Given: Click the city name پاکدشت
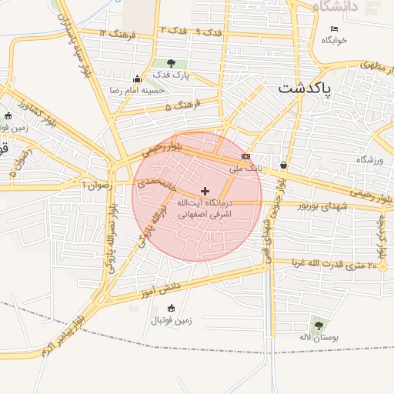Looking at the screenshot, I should click(x=305, y=89).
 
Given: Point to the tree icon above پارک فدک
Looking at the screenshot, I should click(x=170, y=63).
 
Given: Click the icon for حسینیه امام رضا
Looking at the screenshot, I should click(x=137, y=78).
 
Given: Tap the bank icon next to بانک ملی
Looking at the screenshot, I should click(x=245, y=156).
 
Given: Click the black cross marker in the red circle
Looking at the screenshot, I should click(x=205, y=190).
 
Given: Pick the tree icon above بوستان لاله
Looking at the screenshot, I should click(x=319, y=326).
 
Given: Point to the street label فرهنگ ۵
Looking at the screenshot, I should click(x=182, y=104).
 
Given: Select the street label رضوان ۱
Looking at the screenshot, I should click(x=98, y=185).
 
